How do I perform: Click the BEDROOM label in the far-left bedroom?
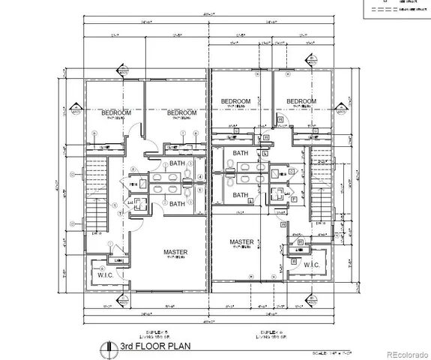(116, 112)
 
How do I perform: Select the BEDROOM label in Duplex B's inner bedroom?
(181, 112)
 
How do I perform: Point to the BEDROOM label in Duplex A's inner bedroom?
(235, 101)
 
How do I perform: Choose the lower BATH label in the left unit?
(178, 203)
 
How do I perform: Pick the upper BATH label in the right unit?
(240, 154)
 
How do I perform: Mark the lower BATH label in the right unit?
(240, 195)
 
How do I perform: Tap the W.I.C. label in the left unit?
(103, 274)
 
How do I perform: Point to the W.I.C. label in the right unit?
(312, 265)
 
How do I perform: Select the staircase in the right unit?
(320, 187)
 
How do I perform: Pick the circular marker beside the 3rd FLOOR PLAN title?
(104, 346)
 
